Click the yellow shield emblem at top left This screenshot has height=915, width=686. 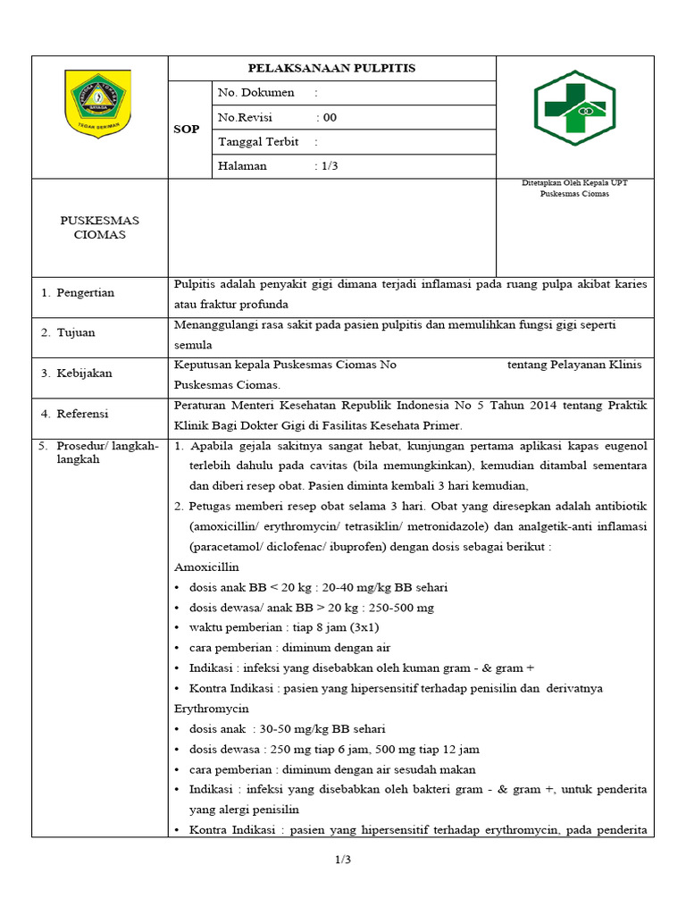[99, 105]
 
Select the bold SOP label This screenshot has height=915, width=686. [186, 130]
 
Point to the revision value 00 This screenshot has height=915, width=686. [330, 117]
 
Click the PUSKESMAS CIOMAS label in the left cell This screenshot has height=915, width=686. [99, 228]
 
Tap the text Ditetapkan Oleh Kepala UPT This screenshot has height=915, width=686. [574, 183]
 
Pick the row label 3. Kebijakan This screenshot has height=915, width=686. [77, 374]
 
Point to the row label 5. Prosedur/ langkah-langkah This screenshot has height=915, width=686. [98, 452]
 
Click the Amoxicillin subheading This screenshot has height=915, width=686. [207, 567]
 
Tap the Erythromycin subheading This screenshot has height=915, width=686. [211, 709]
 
